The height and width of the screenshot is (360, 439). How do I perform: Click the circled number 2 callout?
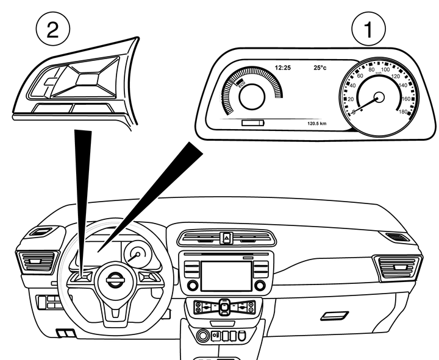(x=53, y=28)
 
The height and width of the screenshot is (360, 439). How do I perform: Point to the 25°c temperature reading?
(x=319, y=68)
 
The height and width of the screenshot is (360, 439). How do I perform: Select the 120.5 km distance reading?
(x=318, y=123)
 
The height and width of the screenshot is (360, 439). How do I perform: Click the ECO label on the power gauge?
(x=242, y=85)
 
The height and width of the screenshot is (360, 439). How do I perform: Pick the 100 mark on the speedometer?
(x=385, y=71)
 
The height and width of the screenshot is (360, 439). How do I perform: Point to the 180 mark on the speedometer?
(x=402, y=111)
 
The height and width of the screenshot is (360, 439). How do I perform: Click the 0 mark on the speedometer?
(x=354, y=112)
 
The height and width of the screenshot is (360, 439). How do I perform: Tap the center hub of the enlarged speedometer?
(x=379, y=97)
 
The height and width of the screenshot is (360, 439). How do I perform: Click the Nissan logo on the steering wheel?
(x=114, y=281)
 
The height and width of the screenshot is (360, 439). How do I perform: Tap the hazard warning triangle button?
(x=226, y=238)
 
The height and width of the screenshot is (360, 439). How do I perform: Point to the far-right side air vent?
(x=400, y=267)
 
